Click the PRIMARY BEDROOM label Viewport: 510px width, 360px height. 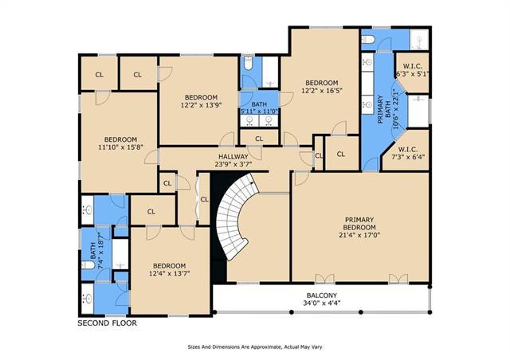coord(359,224)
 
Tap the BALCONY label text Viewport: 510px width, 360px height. coord(322,295)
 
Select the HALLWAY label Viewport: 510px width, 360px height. coord(233,157)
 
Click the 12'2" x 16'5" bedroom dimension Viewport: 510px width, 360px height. coord(322,91)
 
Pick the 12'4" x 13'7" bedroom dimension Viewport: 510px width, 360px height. coord(169,273)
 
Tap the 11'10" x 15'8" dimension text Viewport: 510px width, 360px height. coord(120,147)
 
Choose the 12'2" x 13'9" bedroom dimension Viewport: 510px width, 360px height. coord(201,105)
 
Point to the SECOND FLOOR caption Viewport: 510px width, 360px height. coord(107,323)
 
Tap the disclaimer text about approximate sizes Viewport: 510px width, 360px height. coord(255,347)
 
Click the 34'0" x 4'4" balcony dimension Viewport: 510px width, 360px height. coord(322,303)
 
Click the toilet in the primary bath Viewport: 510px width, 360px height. coord(368,40)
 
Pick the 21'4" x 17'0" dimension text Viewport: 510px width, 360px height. coord(359,235)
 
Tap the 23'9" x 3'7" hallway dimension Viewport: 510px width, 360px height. coord(233,164)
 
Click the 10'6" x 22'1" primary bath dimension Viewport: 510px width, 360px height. coord(395,109)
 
